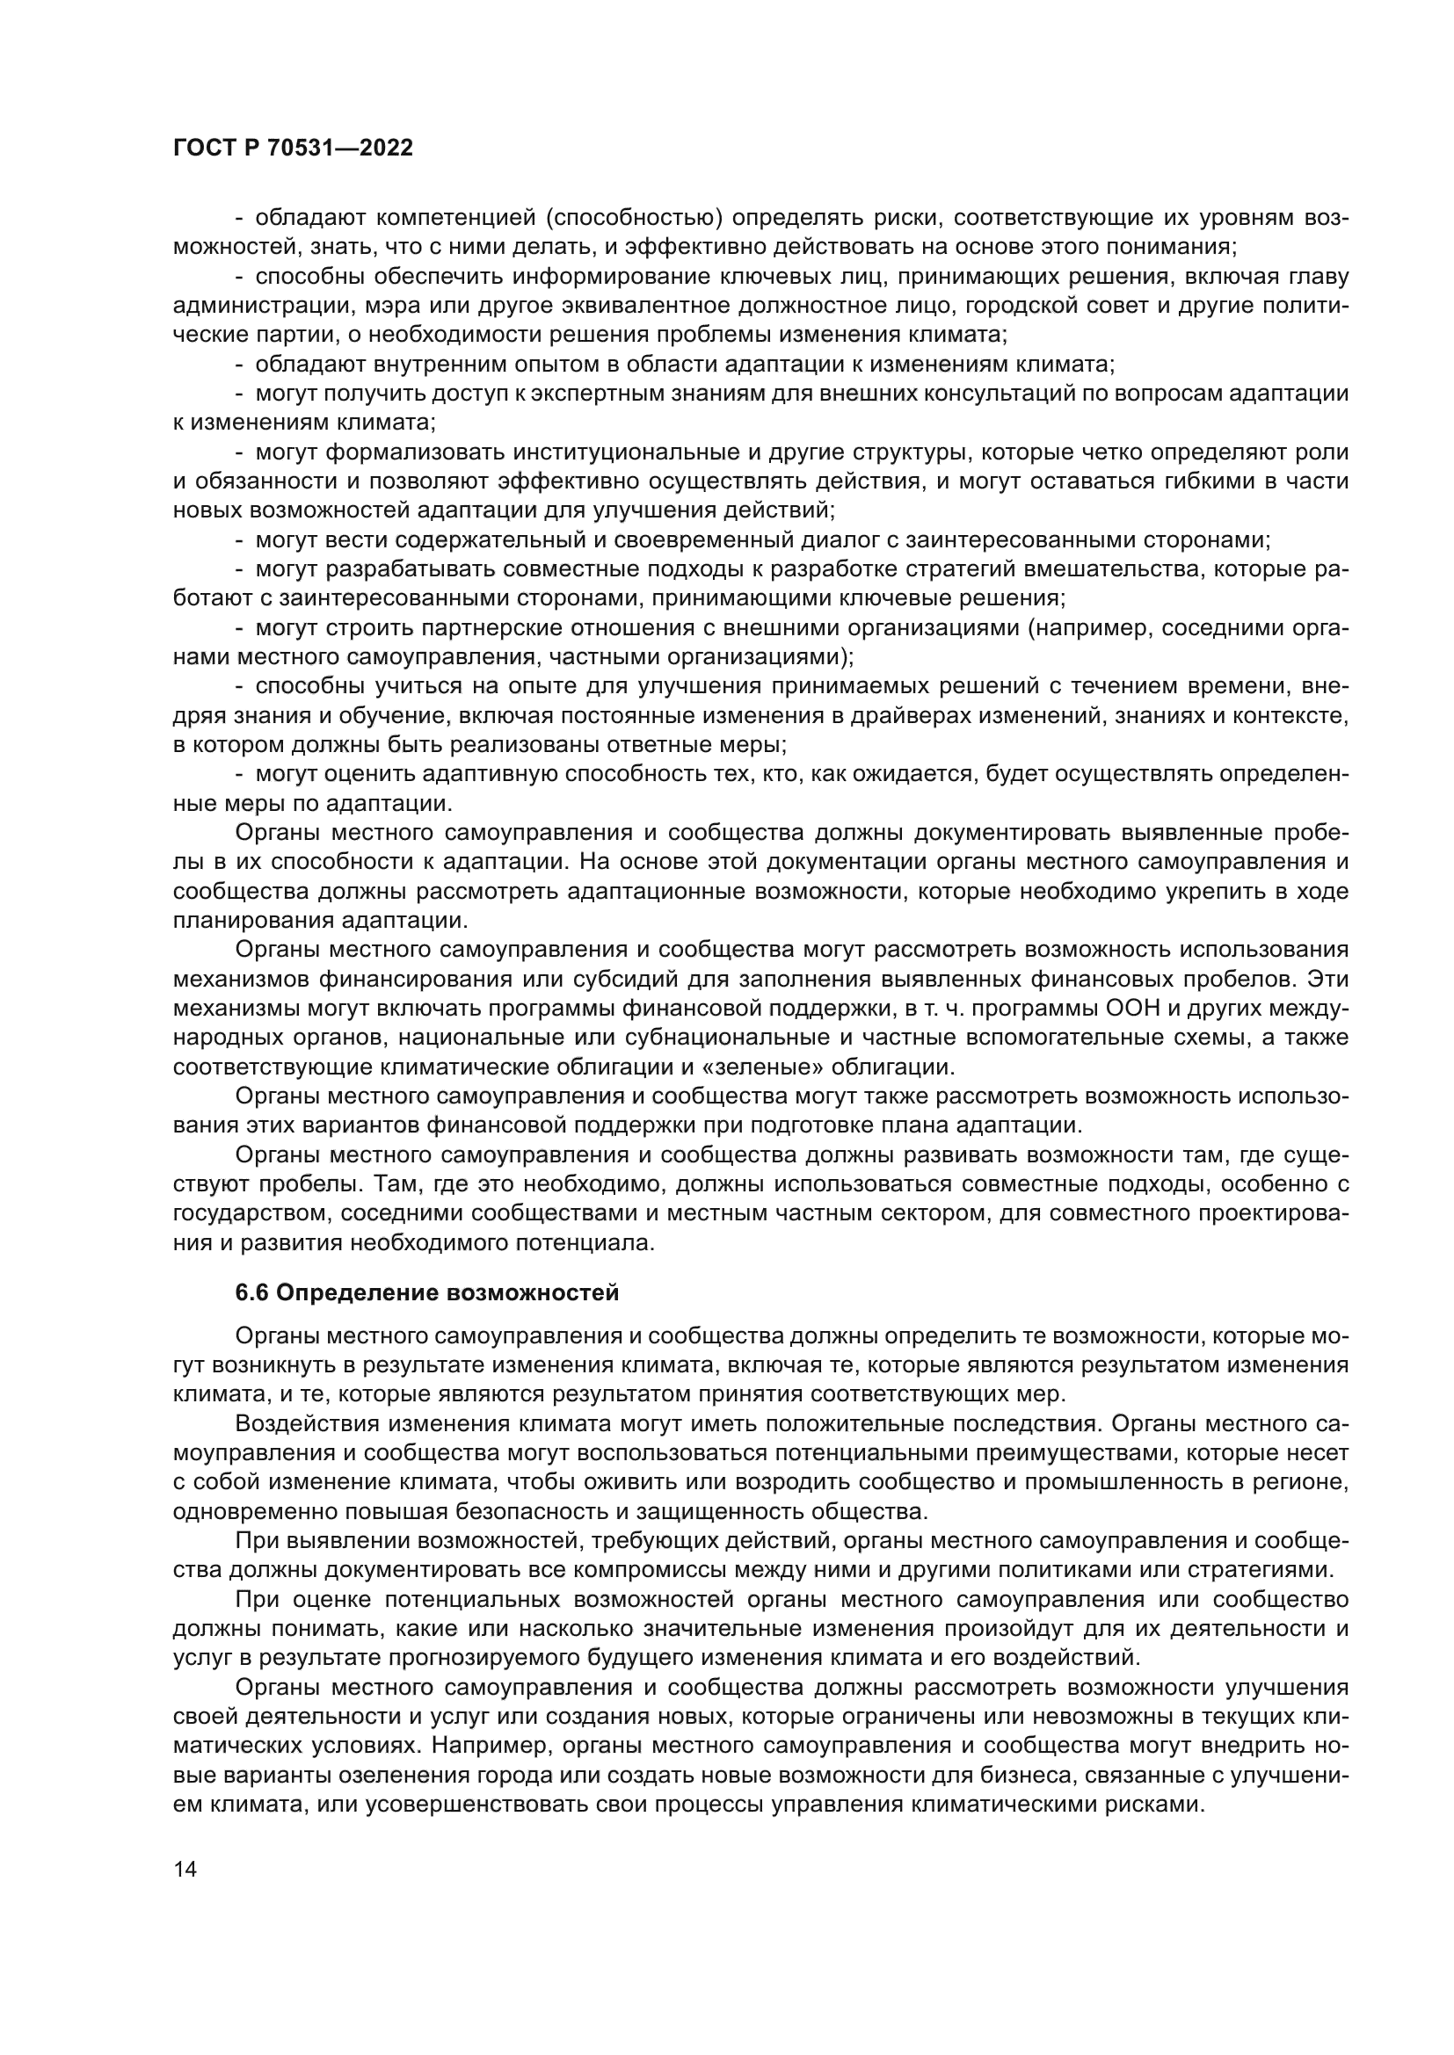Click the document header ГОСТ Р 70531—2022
tap(293, 148)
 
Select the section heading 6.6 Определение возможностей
tap(427, 1292)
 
